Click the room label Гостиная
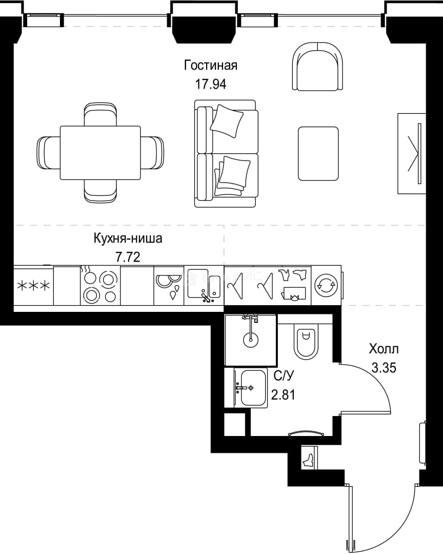211,65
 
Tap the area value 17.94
211,84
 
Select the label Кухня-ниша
128,238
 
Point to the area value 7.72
128,257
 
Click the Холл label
384,349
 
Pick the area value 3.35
384,368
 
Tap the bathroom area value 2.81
283,394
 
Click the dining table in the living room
100,153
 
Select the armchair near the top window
317,66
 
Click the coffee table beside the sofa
318,154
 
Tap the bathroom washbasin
250,388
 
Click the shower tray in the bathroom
250,340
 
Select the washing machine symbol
327,285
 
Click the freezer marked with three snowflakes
33,286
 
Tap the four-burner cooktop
100,286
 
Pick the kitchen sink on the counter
204,286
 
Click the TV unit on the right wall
412,154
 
